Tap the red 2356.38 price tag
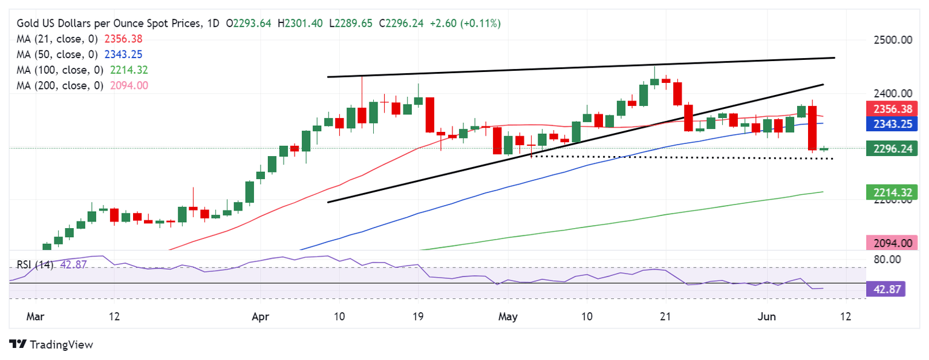point(892,109)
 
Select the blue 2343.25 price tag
point(892,124)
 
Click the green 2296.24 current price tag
point(892,148)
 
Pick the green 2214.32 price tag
point(892,192)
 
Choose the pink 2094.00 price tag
point(892,243)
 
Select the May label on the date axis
point(507,316)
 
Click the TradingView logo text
point(61,345)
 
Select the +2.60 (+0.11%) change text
point(464,24)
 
